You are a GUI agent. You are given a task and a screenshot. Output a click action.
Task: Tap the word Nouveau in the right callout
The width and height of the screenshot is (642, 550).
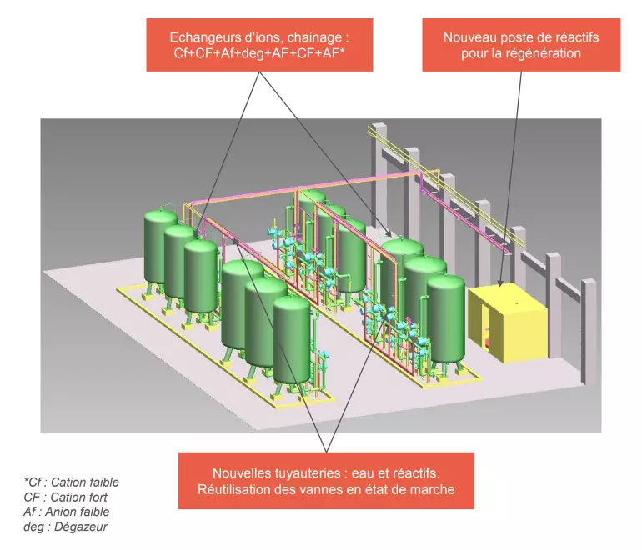(x=470, y=37)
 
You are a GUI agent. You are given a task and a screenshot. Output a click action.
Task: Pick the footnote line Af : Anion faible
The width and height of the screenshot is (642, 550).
(x=66, y=512)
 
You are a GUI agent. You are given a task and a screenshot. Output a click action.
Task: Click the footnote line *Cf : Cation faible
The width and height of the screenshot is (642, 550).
(x=71, y=482)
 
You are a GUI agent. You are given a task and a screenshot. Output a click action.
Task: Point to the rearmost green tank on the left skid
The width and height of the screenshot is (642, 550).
(x=161, y=246)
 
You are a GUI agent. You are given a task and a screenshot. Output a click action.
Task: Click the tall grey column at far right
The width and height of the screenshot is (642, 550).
(x=589, y=329)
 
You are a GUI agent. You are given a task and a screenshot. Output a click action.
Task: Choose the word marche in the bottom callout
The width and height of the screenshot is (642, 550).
(x=434, y=489)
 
